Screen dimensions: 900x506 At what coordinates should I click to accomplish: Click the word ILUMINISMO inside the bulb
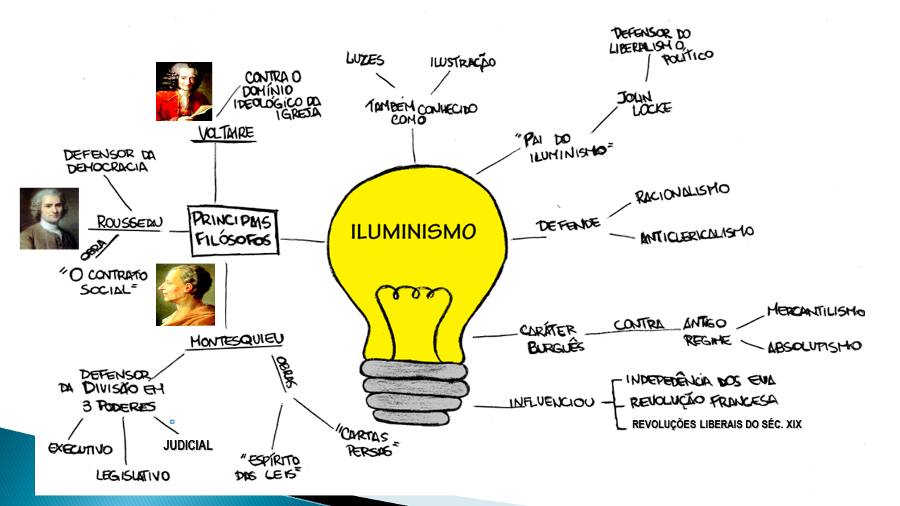click(413, 231)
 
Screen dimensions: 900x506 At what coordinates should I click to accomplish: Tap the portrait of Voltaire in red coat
click(184, 91)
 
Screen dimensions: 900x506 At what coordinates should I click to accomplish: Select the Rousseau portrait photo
click(49, 219)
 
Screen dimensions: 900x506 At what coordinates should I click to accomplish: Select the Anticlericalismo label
click(696, 235)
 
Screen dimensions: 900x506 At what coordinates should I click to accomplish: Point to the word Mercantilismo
click(814, 310)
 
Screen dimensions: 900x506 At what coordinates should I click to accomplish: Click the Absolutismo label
click(814, 346)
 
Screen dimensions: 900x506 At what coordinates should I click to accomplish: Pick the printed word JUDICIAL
click(188, 446)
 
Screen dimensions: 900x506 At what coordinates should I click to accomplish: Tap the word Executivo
click(80, 448)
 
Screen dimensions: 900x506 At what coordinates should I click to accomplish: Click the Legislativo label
click(133, 476)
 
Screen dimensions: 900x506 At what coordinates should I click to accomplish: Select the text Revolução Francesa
click(703, 401)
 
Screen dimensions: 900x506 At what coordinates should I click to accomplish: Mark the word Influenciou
click(551, 403)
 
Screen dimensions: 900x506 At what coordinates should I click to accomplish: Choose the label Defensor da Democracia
click(109, 161)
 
